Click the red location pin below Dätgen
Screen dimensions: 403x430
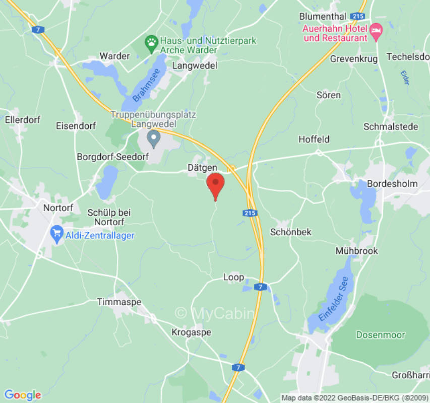pos(216,185)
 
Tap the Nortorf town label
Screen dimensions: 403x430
pos(58,208)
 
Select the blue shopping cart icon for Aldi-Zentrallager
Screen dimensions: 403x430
pos(57,234)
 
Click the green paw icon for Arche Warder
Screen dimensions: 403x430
pos(151,41)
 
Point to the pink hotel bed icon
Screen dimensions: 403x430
pos(376,32)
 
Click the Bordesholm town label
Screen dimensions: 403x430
pos(393,184)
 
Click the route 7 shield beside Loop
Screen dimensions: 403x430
pos(260,287)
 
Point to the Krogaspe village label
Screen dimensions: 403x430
pos(191,332)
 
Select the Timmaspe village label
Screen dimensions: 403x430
pos(119,302)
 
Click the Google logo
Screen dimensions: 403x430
pos(22,394)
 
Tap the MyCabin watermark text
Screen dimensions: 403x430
pos(215,313)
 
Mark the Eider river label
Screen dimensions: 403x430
pos(405,77)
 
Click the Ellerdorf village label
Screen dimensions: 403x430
pos(22,120)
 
